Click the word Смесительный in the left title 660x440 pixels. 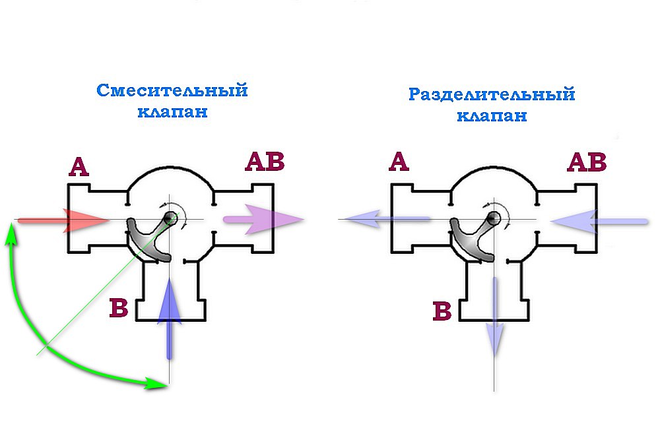[172, 90]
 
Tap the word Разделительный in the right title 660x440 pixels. [492, 95]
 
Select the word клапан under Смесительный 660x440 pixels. [172, 111]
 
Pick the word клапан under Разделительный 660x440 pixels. [492, 115]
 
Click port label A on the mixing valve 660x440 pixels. [79, 167]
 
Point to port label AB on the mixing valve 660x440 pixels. [265, 162]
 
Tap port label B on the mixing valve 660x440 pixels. [119, 307]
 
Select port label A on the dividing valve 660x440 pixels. [399, 162]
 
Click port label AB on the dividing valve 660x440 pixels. [587, 162]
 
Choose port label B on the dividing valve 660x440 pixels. [442, 312]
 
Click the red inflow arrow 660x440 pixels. [63, 220]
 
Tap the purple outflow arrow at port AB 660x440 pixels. [263, 219]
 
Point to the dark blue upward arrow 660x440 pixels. [169, 319]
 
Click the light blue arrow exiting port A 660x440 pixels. [386, 219]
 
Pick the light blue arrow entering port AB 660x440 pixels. [599, 221]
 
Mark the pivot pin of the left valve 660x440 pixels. [170, 218]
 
